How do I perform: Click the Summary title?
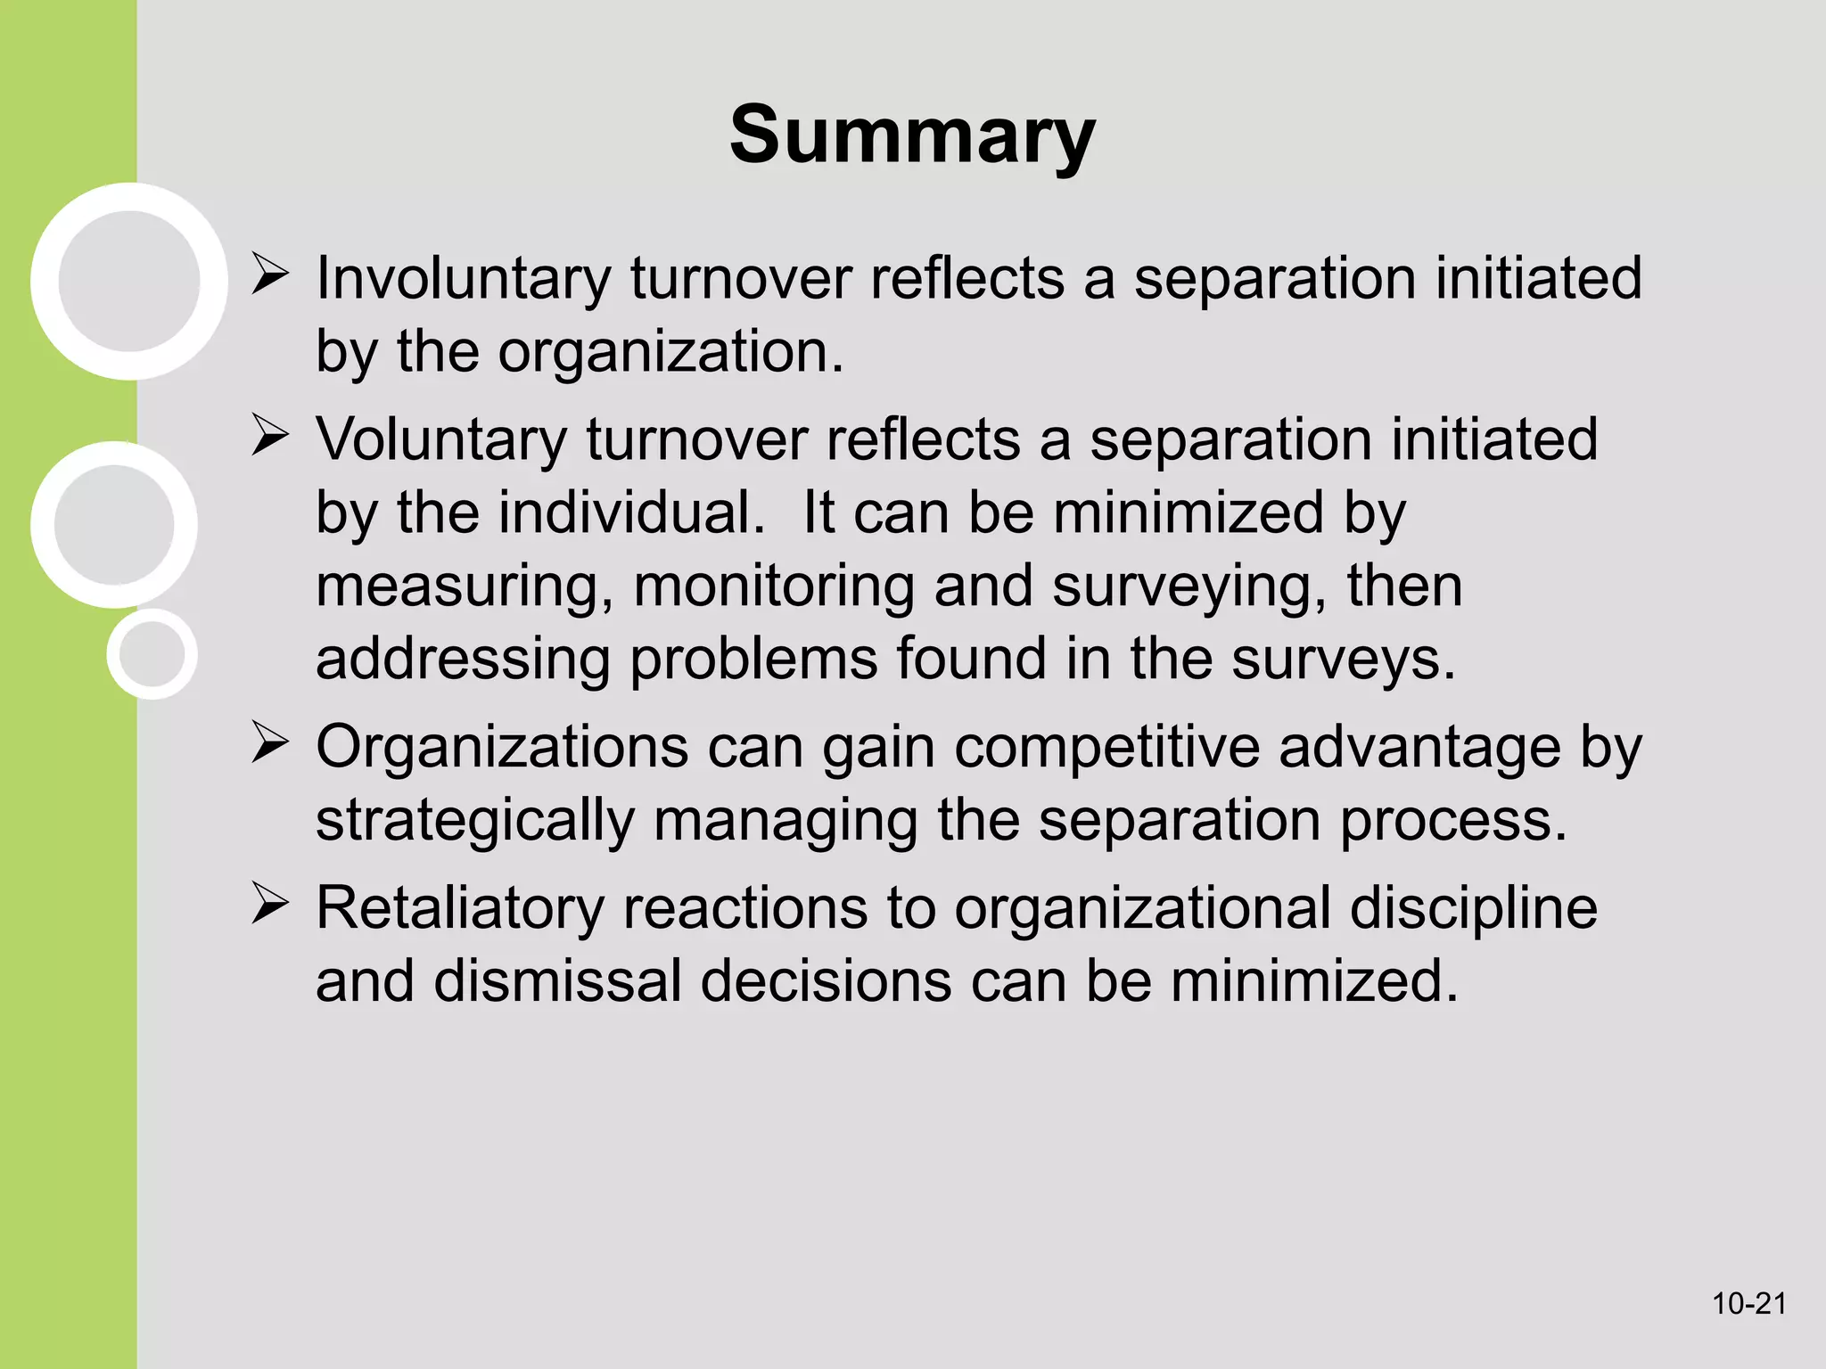912,135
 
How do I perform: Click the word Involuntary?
464,278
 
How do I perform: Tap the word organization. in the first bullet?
670,352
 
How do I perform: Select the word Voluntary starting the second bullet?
441,440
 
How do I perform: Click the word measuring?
465,588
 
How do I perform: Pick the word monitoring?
774,586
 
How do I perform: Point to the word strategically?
474,822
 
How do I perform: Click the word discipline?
1473,909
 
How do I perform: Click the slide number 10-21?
1748,1304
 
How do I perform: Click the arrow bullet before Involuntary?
268,275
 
